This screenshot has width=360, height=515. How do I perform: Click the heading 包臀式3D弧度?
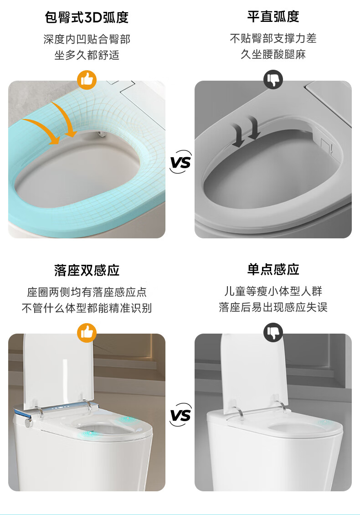tap(87, 17)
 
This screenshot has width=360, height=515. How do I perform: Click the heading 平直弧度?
tap(273, 17)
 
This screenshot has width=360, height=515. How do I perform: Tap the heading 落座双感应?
tap(87, 270)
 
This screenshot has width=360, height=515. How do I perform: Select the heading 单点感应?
tap(273, 270)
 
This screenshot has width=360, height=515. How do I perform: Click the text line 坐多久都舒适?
tap(87, 55)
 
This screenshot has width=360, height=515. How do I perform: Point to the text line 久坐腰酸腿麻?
tap(273, 54)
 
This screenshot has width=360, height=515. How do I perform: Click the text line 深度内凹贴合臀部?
tap(87, 39)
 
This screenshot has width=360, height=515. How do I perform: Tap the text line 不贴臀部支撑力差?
tap(273, 38)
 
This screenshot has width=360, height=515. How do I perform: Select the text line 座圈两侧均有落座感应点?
tap(87, 292)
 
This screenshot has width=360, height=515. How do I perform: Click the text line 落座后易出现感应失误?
tap(273, 307)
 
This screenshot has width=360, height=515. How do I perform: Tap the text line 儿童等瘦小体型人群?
tap(273, 291)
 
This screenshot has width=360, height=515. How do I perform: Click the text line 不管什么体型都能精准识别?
tap(87, 308)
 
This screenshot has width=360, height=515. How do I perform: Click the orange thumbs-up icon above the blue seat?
tap(87, 80)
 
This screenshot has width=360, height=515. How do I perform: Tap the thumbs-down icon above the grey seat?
tap(273, 79)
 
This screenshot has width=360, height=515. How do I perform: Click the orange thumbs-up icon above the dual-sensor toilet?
tap(87, 333)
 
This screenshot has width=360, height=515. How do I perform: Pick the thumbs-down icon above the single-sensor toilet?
tap(273, 332)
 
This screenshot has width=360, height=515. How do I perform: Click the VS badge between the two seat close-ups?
tap(180, 162)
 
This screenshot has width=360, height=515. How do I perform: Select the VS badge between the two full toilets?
tap(180, 415)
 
